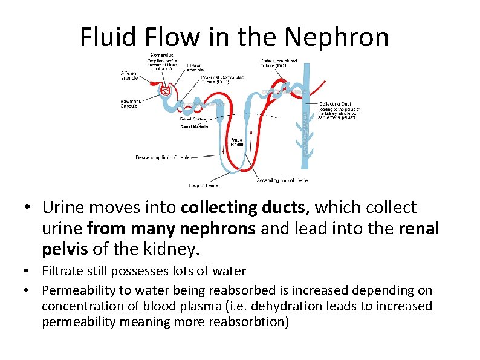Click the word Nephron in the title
coord(337,38)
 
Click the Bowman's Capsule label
coord(129,103)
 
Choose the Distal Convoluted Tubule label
coord(275,62)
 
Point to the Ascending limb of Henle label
coord(282,180)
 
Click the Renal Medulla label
coord(194,128)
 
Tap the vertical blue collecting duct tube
coord(306,115)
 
